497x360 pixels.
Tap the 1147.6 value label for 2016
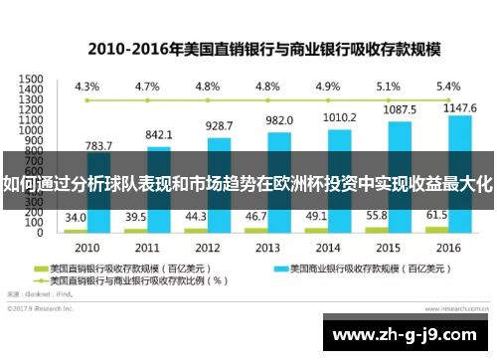(461, 106)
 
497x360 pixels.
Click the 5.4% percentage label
(448, 86)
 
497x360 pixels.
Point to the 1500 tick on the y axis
(31, 78)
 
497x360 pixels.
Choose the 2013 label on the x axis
(267, 247)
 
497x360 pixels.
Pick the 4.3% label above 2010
(86, 86)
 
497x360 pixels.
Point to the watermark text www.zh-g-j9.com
(407, 333)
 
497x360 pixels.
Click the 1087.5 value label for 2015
(400, 109)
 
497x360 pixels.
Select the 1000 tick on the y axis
(31, 129)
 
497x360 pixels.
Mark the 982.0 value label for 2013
(279, 120)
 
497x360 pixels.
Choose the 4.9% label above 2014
(327, 86)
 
